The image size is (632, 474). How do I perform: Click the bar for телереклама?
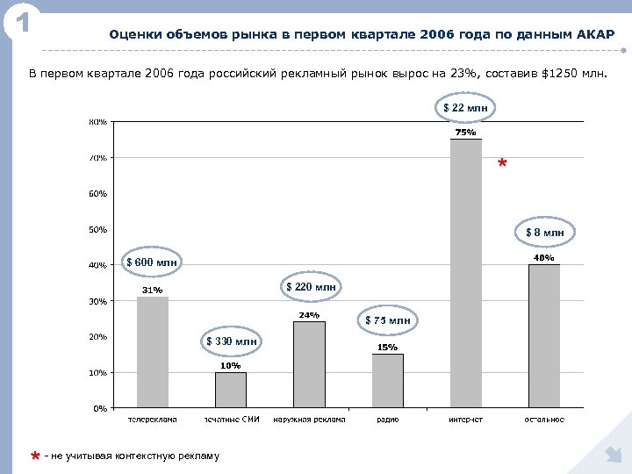[x=152, y=352]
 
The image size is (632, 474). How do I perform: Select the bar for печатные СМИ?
[x=231, y=390]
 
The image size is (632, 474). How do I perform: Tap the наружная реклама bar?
[x=309, y=364]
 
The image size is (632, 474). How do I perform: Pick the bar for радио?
[x=387, y=381]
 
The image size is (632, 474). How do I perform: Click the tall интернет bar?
[x=465, y=273]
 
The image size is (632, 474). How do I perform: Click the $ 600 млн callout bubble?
[x=152, y=262]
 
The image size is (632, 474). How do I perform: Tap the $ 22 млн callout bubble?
[x=465, y=108]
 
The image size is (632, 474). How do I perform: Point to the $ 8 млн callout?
[x=544, y=233]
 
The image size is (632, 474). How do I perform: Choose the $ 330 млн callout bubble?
[x=232, y=341]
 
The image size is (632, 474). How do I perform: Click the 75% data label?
[x=465, y=133]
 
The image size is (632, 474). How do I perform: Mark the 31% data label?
[x=152, y=290]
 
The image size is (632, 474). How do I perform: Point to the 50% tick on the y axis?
[x=97, y=230]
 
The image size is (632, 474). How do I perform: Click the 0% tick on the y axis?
[x=100, y=408]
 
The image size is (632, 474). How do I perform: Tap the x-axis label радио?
[x=387, y=420]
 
